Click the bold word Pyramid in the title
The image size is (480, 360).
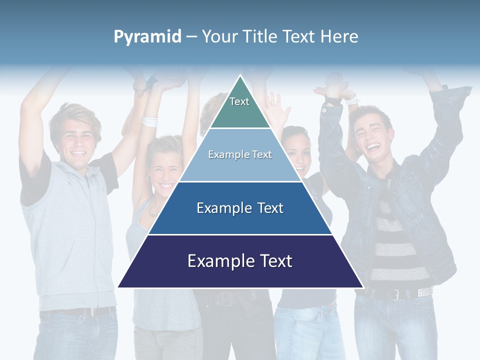(147, 37)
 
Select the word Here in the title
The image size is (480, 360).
(339, 37)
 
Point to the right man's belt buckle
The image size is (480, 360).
(394, 294)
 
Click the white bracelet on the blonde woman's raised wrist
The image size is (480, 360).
(149, 121)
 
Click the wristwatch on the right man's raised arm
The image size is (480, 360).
(332, 100)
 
